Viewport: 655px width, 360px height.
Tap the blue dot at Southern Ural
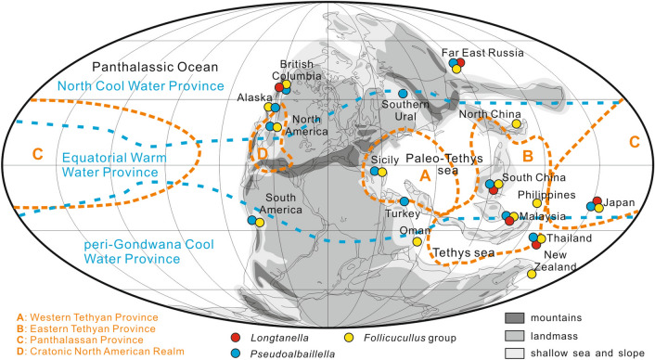tap(402, 94)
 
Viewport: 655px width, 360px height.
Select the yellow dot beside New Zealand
tap(532, 274)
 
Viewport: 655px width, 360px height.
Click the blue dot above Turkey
tap(405, 202)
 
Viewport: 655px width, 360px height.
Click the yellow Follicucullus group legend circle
tap(349, 324)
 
